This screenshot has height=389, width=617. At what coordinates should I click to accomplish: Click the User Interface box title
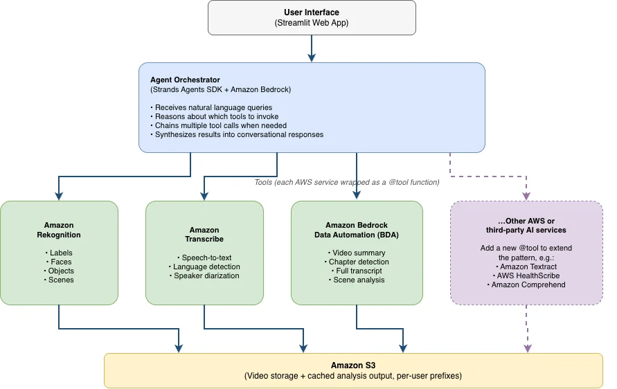(311, 12)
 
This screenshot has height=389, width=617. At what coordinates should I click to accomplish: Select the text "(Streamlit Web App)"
(311, 23)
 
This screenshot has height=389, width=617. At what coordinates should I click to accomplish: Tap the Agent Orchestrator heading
(185, 80)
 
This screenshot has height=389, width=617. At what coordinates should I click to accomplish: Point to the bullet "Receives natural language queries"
(211, 107)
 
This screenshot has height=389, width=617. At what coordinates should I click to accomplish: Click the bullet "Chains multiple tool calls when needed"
(218, 125)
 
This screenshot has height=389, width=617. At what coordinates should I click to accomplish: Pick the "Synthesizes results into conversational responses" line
(237, 134)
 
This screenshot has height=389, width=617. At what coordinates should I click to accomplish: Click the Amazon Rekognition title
(59, 230)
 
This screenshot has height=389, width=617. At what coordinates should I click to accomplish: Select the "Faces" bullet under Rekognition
(59, 262)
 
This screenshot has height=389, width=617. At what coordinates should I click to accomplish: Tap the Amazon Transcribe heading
(204, 235)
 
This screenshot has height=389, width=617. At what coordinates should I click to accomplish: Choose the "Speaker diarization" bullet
(204, 275)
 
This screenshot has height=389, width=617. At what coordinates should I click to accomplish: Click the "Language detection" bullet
(204, 266)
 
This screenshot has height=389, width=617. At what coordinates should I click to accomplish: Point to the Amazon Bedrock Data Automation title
(357, 230)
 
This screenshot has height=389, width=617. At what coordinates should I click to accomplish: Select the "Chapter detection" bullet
(357, 262)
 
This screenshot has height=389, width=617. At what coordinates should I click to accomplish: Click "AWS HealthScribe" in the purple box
(526, 275)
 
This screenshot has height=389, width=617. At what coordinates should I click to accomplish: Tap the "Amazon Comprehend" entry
(526, 284)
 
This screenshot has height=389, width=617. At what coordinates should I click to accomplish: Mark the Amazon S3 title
(353, 365)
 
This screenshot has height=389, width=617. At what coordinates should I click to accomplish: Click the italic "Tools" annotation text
(347, 182)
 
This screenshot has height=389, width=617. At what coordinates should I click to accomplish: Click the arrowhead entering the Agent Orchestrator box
(312, 58)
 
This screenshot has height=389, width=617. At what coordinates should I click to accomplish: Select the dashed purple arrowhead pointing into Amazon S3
(528, 348)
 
